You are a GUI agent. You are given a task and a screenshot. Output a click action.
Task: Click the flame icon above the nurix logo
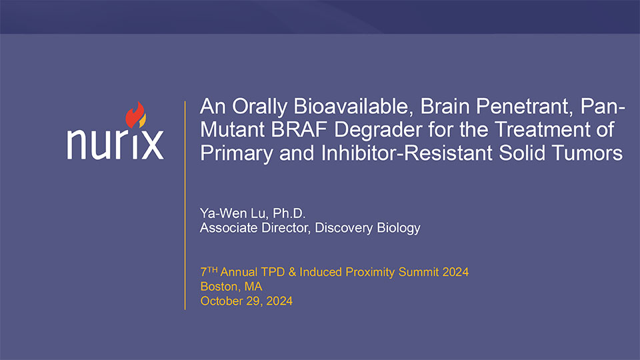pos(135,115)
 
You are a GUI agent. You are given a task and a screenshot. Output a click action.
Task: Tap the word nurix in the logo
pos(115,143)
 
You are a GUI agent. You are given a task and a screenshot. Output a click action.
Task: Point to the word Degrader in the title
pos(377,131)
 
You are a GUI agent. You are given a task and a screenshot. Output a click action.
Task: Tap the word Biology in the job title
pos(399,228)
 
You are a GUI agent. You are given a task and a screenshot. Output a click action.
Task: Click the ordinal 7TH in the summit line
pos(209,271)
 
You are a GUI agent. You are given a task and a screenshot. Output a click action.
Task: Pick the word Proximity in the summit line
pos(370,272)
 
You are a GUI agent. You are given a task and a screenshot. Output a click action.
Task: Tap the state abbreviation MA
pos(253,287)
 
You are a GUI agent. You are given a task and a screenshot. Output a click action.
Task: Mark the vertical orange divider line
pos(185,205)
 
